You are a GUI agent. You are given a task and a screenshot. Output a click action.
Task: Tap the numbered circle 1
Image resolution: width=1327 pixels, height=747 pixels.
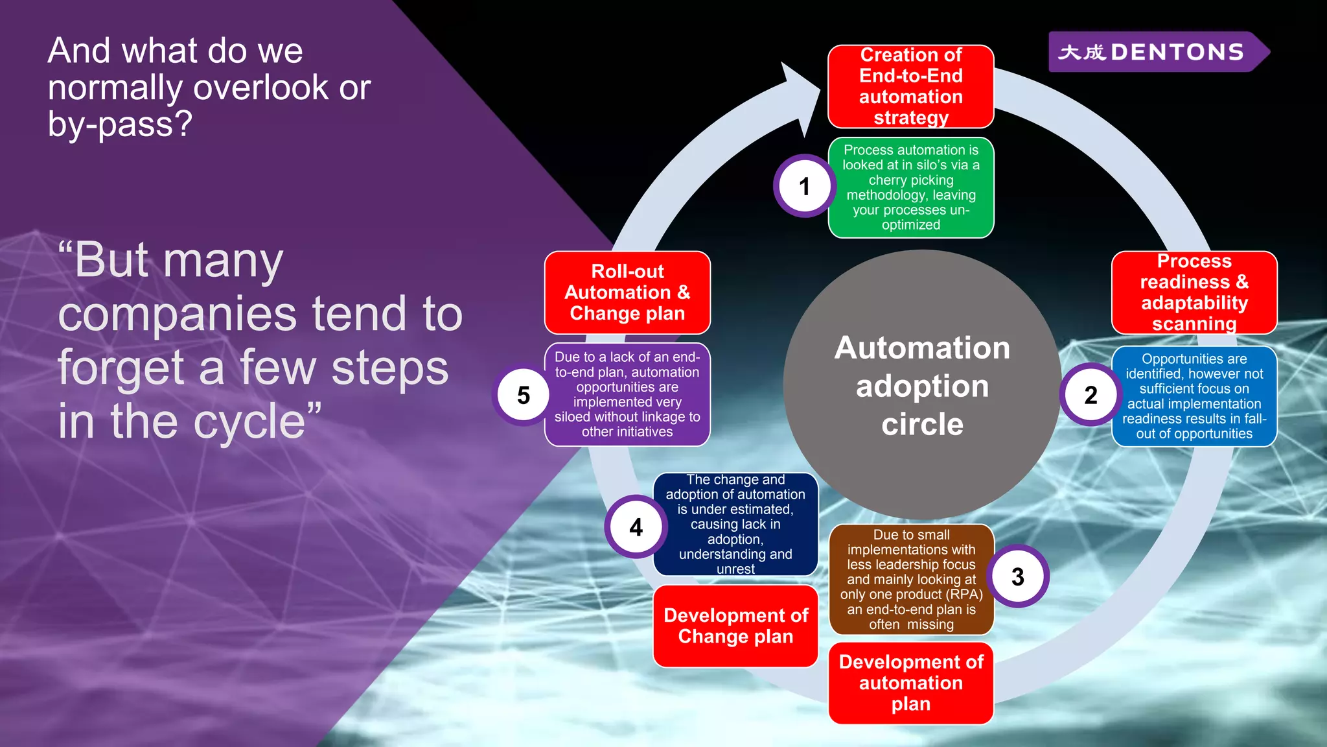click(805, 186)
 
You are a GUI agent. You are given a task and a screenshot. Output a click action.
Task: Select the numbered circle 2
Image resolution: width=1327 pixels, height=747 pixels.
click(1090, 394)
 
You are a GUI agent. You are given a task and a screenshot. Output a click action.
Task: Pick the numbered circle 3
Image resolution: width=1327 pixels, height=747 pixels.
click(1018, 576)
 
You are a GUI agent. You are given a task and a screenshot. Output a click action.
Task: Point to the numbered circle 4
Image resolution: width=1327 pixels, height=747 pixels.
click(636, 527)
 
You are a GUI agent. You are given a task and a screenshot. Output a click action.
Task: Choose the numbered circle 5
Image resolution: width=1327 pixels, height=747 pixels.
click(524, 395)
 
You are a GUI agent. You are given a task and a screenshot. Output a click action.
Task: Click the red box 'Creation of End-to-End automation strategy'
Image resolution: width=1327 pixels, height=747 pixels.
click(910, 86)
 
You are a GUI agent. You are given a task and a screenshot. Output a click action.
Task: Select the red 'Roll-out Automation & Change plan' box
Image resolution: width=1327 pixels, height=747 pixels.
click(627, 292)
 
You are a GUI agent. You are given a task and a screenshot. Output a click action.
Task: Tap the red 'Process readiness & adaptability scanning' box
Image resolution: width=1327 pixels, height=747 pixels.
click(1194, 292)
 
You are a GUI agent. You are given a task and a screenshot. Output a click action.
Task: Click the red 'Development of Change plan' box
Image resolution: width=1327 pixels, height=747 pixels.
click(735, 626)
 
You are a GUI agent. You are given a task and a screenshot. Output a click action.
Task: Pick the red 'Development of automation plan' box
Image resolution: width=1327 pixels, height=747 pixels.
click(910, 683)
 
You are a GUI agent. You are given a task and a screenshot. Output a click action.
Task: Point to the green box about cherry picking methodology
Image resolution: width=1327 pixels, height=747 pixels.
click(910, 187)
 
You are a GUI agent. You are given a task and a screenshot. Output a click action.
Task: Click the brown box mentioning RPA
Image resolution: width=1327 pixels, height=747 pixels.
click(910, 579)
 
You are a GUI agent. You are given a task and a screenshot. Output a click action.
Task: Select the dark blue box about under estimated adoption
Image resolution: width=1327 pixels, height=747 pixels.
click(735, 524)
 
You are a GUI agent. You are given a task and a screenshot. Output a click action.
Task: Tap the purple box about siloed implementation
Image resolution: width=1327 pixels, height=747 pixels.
click(627, 394)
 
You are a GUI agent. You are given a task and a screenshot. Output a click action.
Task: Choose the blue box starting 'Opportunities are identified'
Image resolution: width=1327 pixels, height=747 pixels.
click(1194, 396)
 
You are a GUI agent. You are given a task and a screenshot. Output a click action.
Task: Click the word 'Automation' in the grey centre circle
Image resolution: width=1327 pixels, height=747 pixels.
click(922, 348)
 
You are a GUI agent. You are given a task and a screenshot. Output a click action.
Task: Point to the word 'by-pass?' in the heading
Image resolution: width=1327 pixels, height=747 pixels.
click(120, 124)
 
